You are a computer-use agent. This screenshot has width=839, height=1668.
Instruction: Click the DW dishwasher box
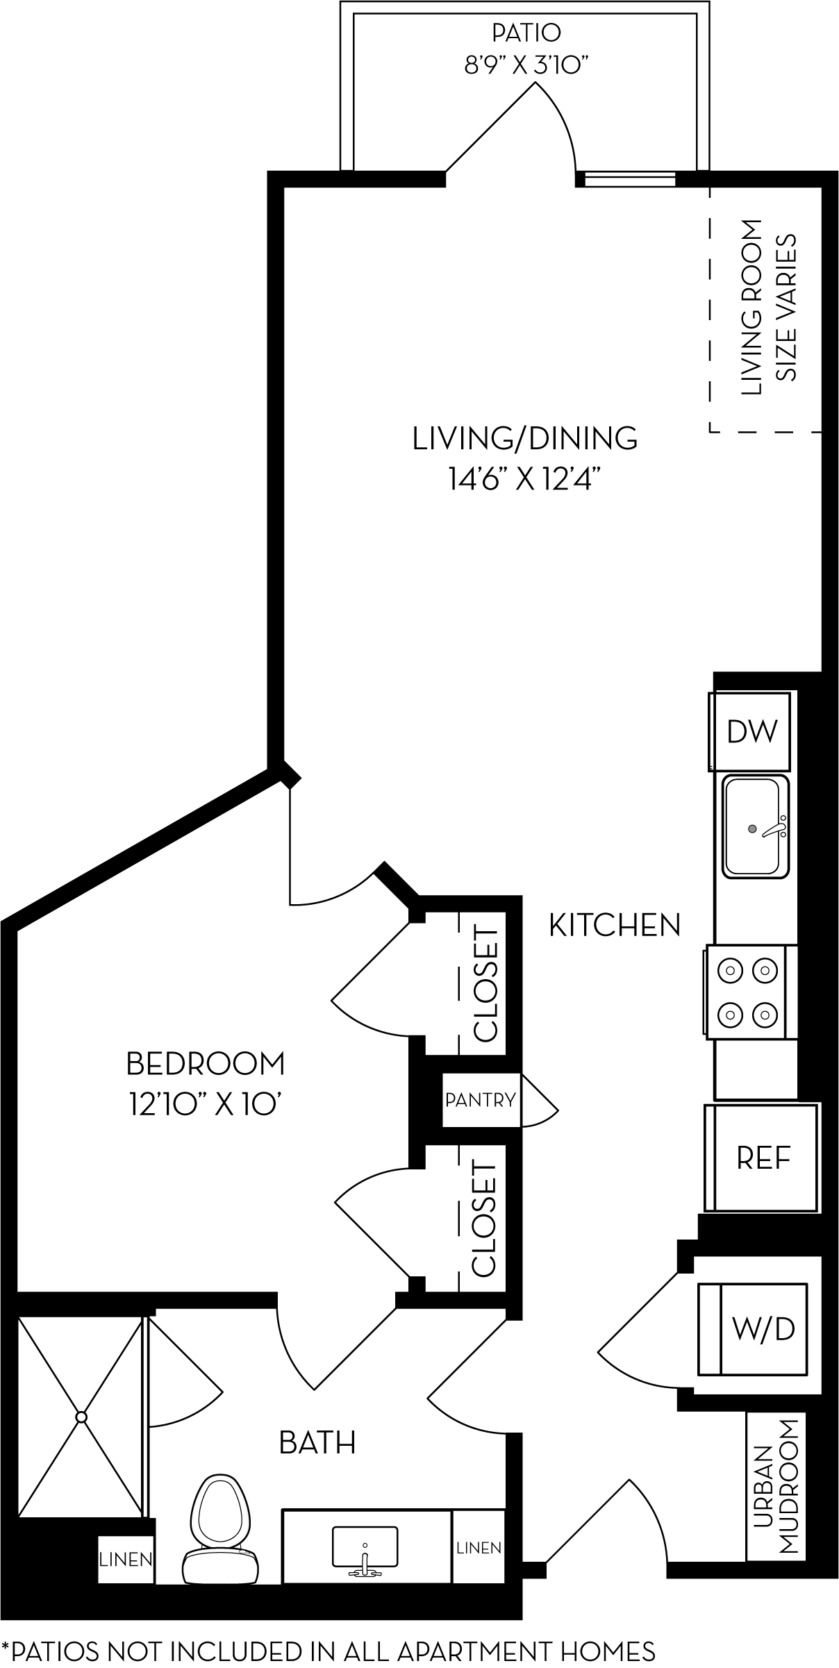point(750,731)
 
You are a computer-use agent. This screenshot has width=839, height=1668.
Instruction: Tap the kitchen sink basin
point(755,826)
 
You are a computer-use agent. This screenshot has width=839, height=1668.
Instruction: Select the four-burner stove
point(747,991)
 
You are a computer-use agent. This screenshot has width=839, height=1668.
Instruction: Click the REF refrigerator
point(763,1158)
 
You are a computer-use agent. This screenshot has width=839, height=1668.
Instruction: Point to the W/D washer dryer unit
point(763,1328)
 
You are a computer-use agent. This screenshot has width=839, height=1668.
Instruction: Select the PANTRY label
point(481,1100)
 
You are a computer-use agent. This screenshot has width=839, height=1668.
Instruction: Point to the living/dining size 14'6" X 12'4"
point(524,480)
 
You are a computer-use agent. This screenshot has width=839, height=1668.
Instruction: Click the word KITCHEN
point(615,925)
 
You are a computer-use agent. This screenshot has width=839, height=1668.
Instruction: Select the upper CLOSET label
point(485,985)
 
